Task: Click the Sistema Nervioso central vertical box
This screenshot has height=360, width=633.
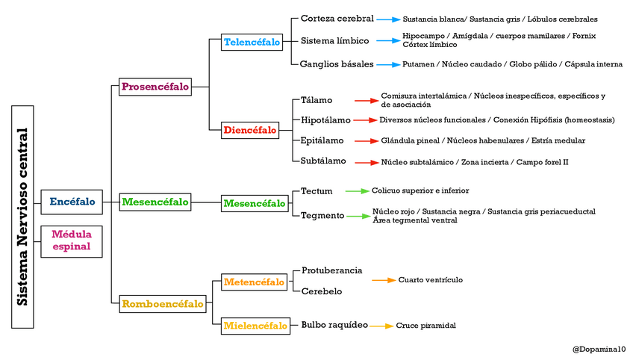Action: pos(23,217)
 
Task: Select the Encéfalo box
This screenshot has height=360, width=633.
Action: pos(72,202)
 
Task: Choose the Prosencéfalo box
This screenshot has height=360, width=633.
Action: pos(155,87)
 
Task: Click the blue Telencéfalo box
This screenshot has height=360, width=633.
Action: pos(252,43)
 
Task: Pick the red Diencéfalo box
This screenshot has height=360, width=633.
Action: pos(250,131)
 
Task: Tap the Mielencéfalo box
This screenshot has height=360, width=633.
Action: pos(255,326)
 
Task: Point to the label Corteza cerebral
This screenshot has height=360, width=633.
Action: pos(337,19)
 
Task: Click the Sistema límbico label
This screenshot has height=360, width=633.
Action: pos(334,40)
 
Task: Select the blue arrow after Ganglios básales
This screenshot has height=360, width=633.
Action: pos(387,64)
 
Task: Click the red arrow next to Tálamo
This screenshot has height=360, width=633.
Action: pos(367,100)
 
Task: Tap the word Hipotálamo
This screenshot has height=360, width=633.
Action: pos(326,120)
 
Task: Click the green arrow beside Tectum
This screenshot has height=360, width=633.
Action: pos(356,191)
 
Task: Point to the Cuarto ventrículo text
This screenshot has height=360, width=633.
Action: pos(430,280)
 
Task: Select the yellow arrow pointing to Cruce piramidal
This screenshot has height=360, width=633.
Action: pos(381,326)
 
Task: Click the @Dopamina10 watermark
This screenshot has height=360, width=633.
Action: pos(599,349)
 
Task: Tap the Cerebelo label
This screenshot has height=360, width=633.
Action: pos(322,291)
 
